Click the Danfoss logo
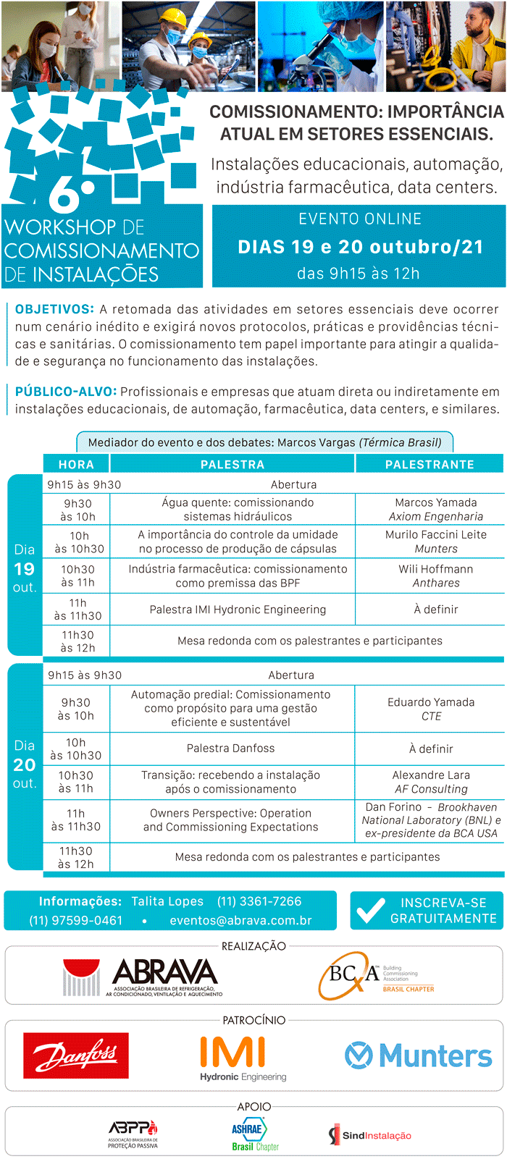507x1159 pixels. click(75, 1055)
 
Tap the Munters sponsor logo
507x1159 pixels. click(418, 1055)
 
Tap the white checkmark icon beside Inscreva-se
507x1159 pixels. click(370, 911)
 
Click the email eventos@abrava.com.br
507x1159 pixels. click(240, 921)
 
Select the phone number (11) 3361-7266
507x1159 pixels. click(259, 901)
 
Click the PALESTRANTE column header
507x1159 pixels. click(430, 464)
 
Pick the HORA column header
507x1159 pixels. click(76, 464)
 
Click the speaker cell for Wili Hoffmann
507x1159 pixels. click(436, 576)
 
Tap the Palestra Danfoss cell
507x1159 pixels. click(231, 748)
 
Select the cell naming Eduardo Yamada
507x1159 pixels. click(431, 709)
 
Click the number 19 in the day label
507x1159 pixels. click(25, 569)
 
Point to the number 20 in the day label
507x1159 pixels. click(25, 764)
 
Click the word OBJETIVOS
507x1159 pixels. click(54, 309)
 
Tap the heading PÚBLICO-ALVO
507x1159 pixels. click(65, 392)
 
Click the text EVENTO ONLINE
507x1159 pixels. click(359, 219)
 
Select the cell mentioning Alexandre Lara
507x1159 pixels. click(431, 782)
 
